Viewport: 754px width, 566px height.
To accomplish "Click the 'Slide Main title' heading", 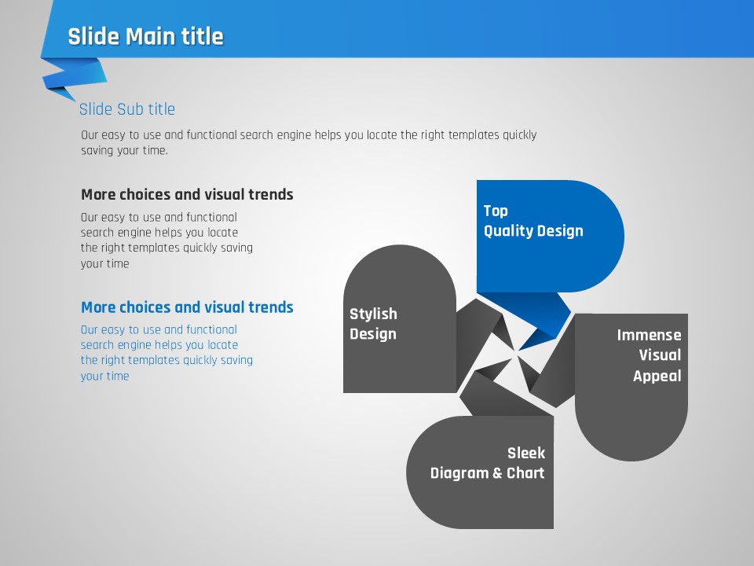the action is point(146,37).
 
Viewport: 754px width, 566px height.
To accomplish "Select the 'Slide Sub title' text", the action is point(127,109).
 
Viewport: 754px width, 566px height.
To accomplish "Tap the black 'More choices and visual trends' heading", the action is point(187,194).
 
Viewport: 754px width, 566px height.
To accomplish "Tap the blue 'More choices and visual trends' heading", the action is point(187,307).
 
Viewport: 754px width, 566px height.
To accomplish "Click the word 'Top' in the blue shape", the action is point(496,211).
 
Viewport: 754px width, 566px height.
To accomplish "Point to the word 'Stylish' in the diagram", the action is point(373,314).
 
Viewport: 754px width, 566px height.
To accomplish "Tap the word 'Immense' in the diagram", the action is point(650,335).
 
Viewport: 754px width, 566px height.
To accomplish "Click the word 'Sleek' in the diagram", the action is point(526,453).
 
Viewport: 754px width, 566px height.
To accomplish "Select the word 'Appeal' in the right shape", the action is point(657,376).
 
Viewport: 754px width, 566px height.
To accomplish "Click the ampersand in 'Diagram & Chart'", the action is point(498,473).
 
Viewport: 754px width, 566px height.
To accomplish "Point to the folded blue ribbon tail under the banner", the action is point(75,78).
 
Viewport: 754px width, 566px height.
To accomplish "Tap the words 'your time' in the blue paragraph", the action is point(104,377).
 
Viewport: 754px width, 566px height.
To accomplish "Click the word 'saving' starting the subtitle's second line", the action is point(97,151).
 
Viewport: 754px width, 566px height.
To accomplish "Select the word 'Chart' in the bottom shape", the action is point(525,473).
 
